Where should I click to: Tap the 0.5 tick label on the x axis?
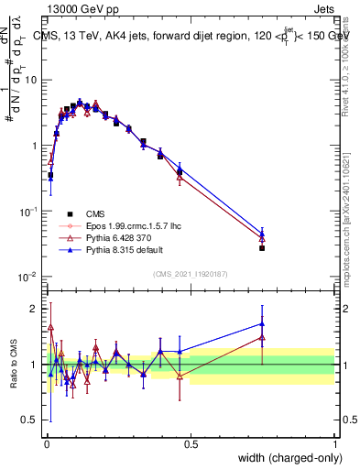point(191,445)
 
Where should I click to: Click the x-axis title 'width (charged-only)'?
point(285,459)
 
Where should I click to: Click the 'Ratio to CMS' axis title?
point(14,365)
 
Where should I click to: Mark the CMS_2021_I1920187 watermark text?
point(190,274)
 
